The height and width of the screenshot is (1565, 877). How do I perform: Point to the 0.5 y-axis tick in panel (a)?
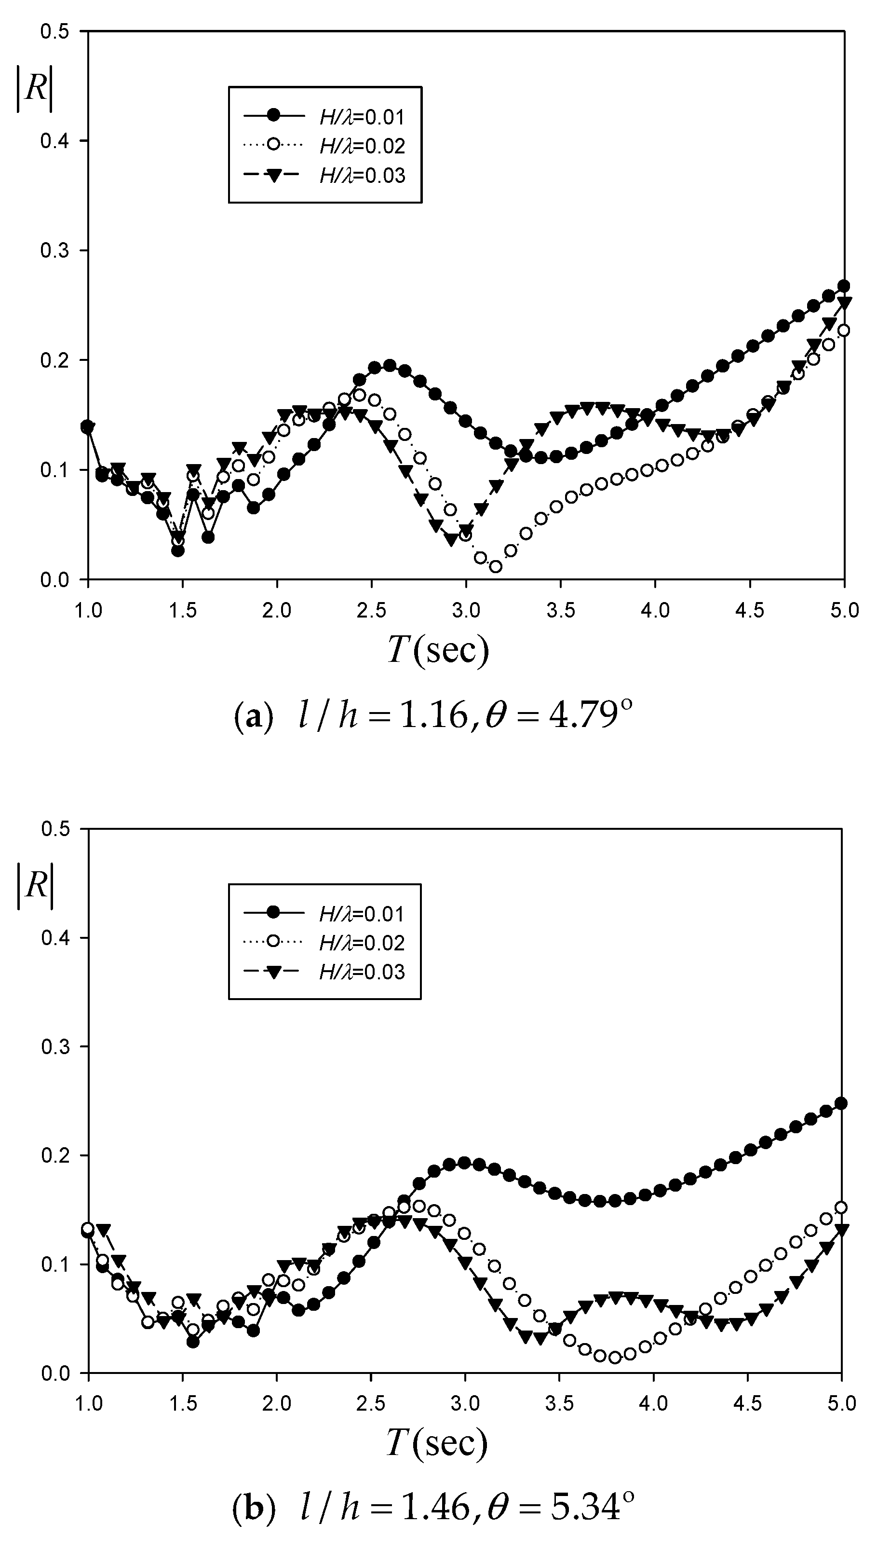(x=54, y=31)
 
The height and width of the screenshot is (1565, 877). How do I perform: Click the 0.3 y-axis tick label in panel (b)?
(x=54, y=1046)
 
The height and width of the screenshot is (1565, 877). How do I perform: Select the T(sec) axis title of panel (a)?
(x=437, y=650)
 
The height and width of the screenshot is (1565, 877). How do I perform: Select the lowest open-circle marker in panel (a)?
(x=496, y=566)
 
